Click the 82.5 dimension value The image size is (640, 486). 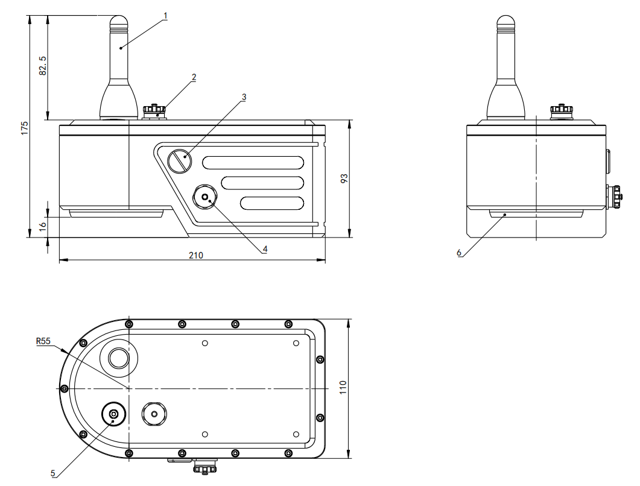[x=42, y=66]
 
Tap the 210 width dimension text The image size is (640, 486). [x=195, y=255]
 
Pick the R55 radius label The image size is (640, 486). [x=43, y=341]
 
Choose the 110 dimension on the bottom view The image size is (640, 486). [x=343, y=386]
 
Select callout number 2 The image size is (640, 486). [x=194, y=77]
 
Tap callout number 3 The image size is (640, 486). [x=243, y=96]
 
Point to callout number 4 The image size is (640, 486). [x=264, y=248]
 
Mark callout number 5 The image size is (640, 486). [x=54, y=473]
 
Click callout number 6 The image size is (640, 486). [x=459, y=254]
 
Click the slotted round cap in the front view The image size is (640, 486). [x=179, y=161]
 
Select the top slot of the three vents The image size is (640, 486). [x=253, y=162]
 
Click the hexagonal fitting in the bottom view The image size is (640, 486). [x=154, y=414]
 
